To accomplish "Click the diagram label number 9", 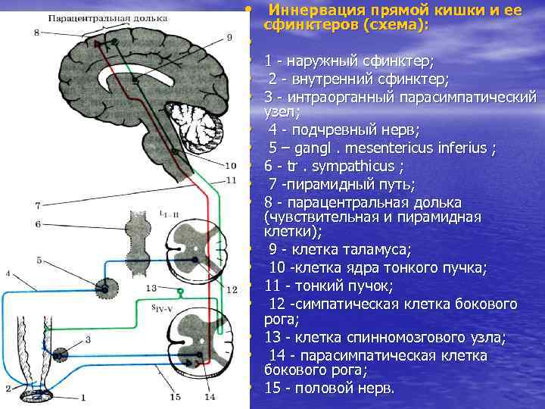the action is tap(229, 37).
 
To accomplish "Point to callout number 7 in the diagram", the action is tap(38, 205).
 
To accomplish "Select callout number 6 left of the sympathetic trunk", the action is tap(38, 224).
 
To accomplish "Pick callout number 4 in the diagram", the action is tap(8, 273).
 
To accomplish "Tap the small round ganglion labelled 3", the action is tap(58, 354).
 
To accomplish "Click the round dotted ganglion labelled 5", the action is tap(106, 287).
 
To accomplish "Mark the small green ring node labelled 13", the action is tap(181, 292).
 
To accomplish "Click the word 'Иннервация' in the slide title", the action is tap(312, 11).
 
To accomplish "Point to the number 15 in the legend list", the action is tap(272, 388).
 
